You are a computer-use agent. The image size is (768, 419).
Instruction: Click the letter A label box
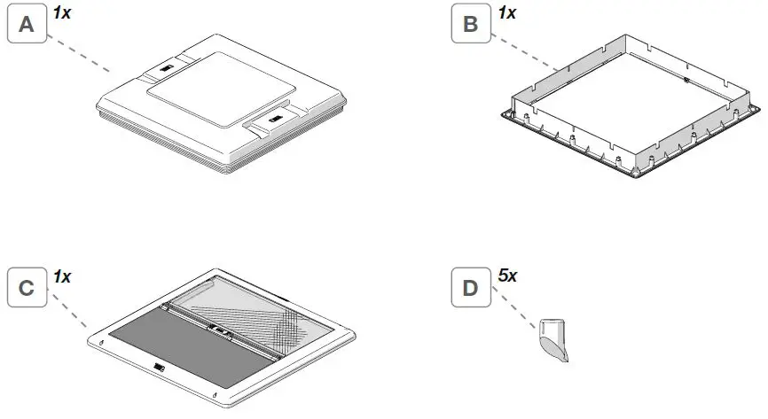(27, 26)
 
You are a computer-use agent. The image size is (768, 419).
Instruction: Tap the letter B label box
(471, 26)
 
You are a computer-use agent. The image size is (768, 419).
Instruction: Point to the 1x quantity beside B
(507, 12)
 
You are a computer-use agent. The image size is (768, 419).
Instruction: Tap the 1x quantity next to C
(61, 276)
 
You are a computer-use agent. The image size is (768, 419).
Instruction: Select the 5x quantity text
(507, 276)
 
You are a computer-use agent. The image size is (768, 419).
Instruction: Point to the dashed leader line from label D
(514, 315)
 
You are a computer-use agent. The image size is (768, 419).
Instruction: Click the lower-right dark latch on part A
(275, 115)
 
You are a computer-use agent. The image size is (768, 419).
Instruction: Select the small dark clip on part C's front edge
(158, 366)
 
